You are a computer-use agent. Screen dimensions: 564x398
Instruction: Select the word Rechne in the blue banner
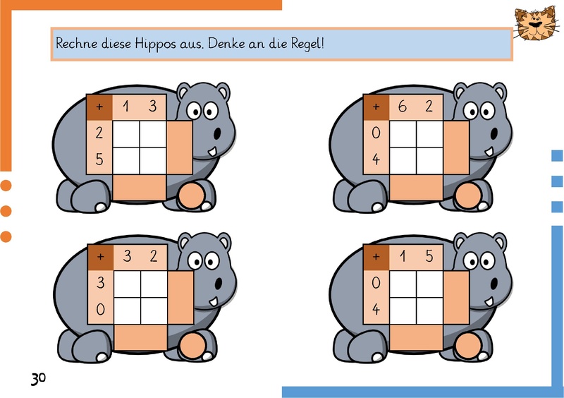click(77, 43)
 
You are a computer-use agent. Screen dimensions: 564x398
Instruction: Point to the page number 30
click(39, 378)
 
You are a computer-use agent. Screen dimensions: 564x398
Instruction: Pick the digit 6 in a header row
click(402, 107)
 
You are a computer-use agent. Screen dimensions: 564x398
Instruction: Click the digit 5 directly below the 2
click(99, 159)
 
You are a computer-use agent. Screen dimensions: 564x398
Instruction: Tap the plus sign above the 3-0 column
click(100, 256)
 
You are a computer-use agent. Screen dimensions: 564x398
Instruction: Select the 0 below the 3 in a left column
click(101, 309)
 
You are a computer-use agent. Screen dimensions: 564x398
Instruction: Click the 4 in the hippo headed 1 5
click(376, 309)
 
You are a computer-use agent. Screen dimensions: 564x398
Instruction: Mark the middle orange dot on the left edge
click(6, 211)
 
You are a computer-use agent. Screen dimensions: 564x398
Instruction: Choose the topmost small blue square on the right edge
click(557, 155)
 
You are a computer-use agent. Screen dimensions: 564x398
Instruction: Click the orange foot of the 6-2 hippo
click(468, 196)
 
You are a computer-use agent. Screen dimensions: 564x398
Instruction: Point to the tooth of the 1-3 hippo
click(213, 152)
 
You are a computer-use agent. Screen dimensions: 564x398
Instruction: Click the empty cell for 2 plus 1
click(126, 134)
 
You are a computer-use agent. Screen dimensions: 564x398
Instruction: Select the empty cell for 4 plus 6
click(403, 161)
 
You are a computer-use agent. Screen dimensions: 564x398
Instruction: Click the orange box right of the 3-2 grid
click(180, 298)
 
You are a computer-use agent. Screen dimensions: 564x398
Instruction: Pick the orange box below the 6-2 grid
click(417, 187)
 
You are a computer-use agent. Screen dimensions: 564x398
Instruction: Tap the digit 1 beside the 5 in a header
click(403, 256)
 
